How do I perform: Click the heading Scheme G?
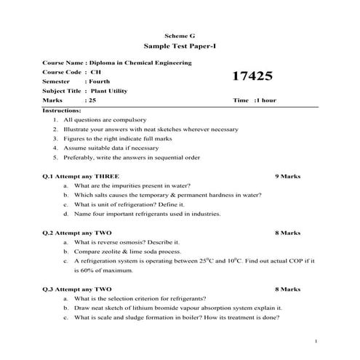[180, 35]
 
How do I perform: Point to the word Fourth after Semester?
[99, 81]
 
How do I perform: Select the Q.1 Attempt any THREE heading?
[81, 177]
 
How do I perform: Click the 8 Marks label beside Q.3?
[287, 289]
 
